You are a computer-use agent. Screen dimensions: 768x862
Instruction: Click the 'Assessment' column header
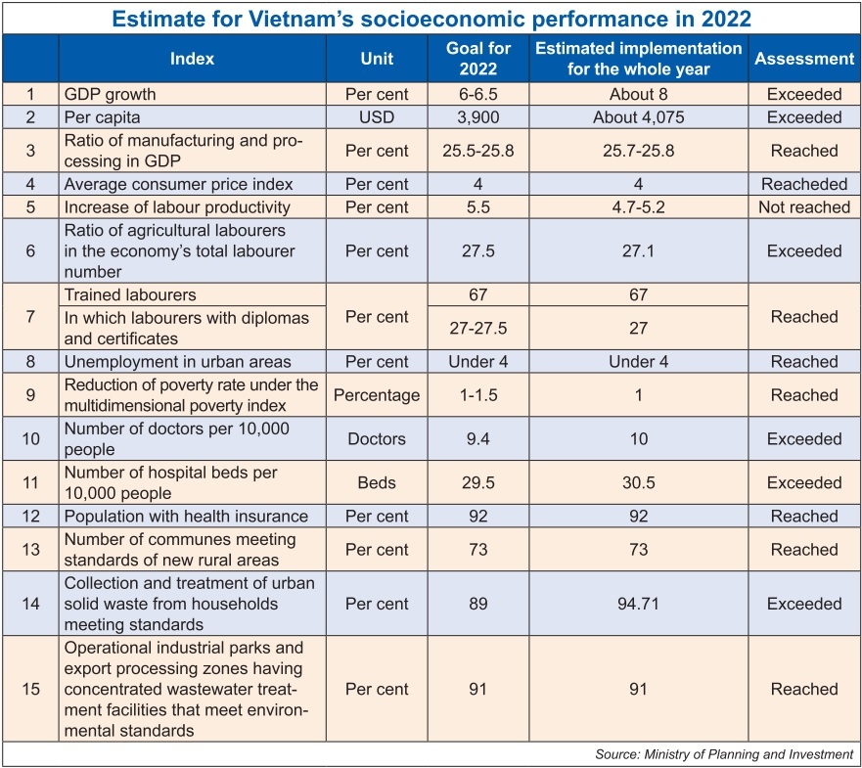(803, 59)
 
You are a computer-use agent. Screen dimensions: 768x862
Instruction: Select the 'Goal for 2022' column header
(477, 59)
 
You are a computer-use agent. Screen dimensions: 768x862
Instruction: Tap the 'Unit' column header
(377, 59)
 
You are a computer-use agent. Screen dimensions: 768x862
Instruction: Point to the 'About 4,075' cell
(638, 117)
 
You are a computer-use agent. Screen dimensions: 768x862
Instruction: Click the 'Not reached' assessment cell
(803, 207)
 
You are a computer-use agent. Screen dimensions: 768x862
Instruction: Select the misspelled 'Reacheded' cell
(803, 184)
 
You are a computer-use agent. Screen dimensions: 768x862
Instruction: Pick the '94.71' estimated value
(638, 605)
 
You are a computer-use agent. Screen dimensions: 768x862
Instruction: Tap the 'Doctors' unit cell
(377, 439)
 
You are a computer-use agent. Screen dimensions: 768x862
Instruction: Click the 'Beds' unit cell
(377, 482)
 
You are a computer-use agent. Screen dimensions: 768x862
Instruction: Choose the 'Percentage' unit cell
(377, 395)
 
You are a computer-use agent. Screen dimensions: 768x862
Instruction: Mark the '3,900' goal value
(477, 117)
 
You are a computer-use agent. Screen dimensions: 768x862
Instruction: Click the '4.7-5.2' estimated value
(638, 207)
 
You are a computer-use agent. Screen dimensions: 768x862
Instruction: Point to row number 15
(30, 689)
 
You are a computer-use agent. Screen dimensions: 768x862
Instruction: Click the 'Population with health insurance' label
(186, 517)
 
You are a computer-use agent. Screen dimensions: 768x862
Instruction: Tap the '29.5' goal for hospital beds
(477, 482)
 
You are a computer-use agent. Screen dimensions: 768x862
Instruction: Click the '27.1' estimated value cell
(638, 250)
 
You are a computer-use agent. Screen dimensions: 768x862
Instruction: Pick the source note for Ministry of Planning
(724, 755)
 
